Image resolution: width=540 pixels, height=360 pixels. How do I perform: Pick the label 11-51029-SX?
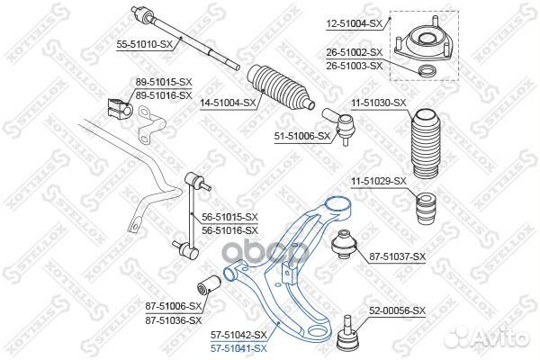(x=379, y=181)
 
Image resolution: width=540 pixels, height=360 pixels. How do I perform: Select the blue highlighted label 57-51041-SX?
(x=238, y=346)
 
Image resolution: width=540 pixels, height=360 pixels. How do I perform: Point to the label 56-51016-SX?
(x=229, y=229)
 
